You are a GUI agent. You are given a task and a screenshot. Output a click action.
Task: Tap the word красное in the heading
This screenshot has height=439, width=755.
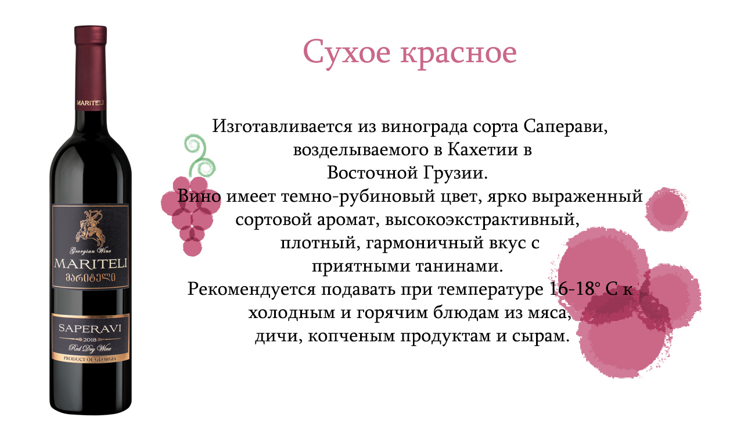click(x=459, y=53)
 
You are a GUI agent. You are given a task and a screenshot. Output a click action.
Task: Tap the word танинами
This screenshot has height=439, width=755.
click(x=459, y=266)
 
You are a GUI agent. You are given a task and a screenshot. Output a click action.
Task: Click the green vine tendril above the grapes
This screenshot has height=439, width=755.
click(x=199, y=156)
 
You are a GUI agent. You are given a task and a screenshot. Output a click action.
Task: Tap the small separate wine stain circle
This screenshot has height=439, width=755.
click(x=666, y=209)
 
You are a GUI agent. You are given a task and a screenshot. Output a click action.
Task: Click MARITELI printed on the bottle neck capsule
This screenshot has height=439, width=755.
click(x=91, y=103)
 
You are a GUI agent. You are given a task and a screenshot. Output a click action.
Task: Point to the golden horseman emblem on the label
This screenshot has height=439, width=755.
click(x=91, y=228)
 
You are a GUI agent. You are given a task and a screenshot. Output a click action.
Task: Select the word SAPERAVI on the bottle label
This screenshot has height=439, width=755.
click(x=90, y=329)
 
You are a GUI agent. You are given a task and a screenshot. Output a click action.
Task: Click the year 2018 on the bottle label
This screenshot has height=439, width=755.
click(x=91, y=340)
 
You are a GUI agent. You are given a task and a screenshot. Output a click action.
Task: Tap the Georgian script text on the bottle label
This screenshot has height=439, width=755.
click(x=91, y=277)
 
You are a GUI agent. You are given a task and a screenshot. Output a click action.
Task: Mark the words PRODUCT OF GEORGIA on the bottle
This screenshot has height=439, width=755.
click(x=90, y=359)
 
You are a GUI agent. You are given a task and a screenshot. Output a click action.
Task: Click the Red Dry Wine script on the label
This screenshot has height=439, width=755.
click(x=90, y=348)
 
